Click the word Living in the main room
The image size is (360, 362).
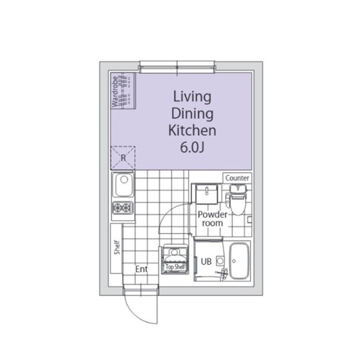click(192, 97)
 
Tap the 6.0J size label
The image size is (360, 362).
click(192, 148)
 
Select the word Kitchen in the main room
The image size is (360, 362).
click(192, 131)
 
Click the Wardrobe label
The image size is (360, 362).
click(114, 92)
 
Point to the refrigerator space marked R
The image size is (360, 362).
click(123, 158)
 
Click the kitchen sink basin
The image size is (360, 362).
click(124, 185)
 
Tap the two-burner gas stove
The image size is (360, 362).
click(123, 208)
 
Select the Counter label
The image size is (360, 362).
click(237, 178)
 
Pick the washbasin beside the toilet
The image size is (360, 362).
click(207, 194)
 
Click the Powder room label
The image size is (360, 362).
click(212, 219)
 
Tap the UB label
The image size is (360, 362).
click(206, 262)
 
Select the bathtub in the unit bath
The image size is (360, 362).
click(240, 261)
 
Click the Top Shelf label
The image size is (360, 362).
click(176, 267)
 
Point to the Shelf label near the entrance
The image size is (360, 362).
click(117, 247)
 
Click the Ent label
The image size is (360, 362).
click(142, 269)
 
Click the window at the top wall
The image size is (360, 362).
click(177, 67)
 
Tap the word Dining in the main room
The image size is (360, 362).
click(192, 114)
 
